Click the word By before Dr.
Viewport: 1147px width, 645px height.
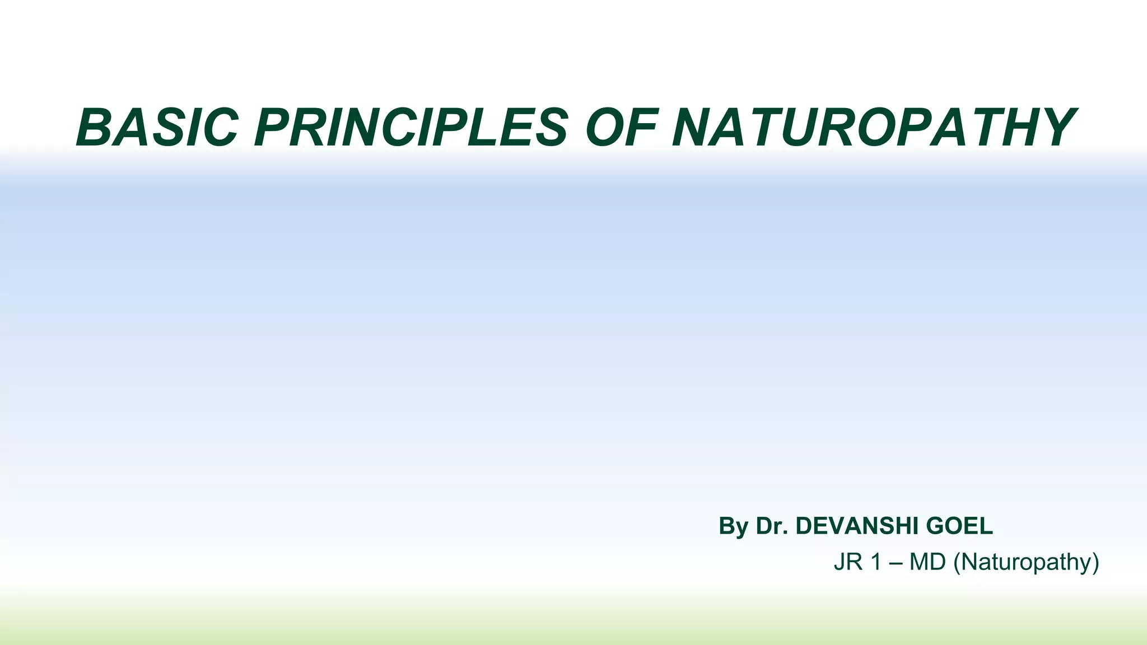point(733,526)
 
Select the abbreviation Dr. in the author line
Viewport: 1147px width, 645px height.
point(772,526)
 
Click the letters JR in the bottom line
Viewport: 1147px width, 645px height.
point(848,562)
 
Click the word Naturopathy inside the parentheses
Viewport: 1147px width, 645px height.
point(1026,562)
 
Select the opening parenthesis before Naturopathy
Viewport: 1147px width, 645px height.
point(957,562)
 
